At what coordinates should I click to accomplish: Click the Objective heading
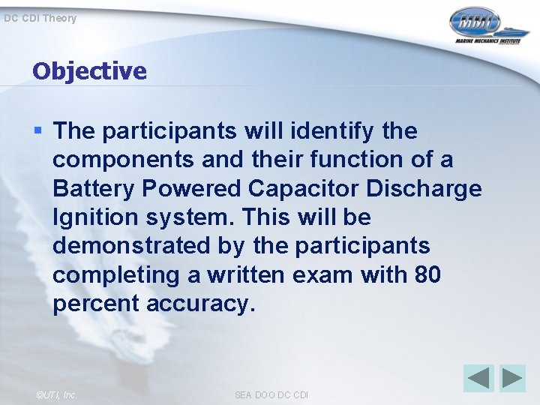pyautogui.click(x=89, y=71)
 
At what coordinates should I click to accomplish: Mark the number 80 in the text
pyautogui.click(x=427, y=275)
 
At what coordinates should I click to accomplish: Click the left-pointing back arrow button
pyautogui.click(x=478, y=377)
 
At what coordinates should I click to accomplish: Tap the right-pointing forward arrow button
pyautogui.click(x=513, y=377)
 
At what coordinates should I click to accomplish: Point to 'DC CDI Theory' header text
pyautogui.click(x=40, y=18)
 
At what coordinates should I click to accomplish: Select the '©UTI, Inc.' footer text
pyautogui.click(x=56, y=394)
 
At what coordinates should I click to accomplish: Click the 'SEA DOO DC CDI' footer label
pyautogui.click(x=271, y=394)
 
